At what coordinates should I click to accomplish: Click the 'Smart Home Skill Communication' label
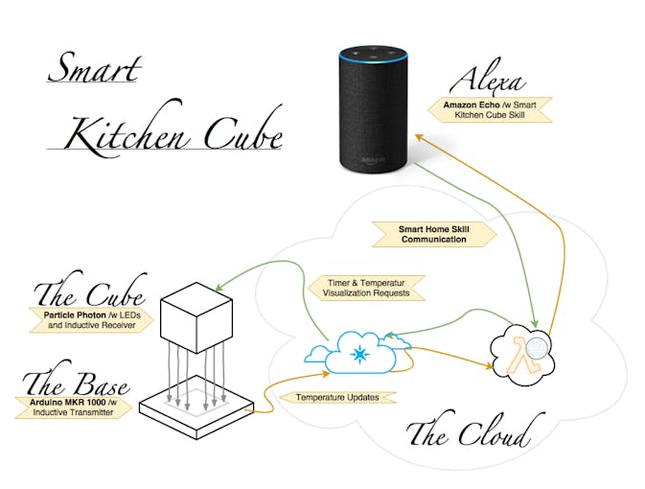coord(434,234)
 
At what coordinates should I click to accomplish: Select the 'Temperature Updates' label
coord(337,397)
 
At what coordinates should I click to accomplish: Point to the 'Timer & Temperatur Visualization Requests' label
coord(366,288)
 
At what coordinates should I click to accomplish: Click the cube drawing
coord(196,317)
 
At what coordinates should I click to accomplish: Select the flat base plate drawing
coord(196,407)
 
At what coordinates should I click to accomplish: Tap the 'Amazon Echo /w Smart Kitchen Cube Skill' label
coord(490,110)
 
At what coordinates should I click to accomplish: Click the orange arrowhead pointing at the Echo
coord(419,137)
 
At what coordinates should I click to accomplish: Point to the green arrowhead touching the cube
coord(220,287)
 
